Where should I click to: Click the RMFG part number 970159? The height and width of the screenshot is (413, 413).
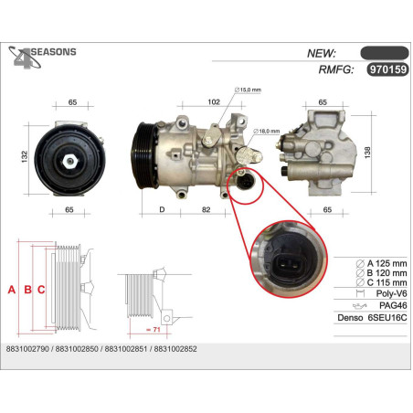click(x=387, y=69)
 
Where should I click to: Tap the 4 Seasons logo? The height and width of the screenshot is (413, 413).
click(x=42, y=57)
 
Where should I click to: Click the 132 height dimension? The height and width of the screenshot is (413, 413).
click(x=25, y=156)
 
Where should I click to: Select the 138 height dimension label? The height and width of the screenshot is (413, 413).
click(x=367, y=153)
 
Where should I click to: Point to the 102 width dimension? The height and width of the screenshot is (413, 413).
click(x=214, y=101)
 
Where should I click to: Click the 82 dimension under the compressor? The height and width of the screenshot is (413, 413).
click(x=206, y=209)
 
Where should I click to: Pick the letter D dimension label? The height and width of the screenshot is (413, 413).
click(x=162, y=209)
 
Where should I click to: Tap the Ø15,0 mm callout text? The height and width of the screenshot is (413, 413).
click(x=248, y=90)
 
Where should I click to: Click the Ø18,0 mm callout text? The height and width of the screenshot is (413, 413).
click(x=267, y=132)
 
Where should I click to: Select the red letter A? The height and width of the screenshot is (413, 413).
click(x=12, y=290)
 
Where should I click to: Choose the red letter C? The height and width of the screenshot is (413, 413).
click(x=41, y=290)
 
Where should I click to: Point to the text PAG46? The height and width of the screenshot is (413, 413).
click(x=393, y=305)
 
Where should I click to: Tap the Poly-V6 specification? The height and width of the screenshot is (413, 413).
click(x=391, y=293)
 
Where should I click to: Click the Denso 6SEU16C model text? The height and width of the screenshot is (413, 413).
click(x=372, y=318)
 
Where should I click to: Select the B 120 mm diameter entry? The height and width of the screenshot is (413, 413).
click(x=382, y=273)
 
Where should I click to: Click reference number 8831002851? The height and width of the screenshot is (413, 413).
click(x=126, y=349)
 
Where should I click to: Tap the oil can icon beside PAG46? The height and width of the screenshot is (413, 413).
click(x=360, y=305)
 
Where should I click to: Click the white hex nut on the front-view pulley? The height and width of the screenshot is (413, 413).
click(x=69, y=161)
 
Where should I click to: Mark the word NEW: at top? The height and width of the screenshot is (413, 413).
click(x=321, y=53)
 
